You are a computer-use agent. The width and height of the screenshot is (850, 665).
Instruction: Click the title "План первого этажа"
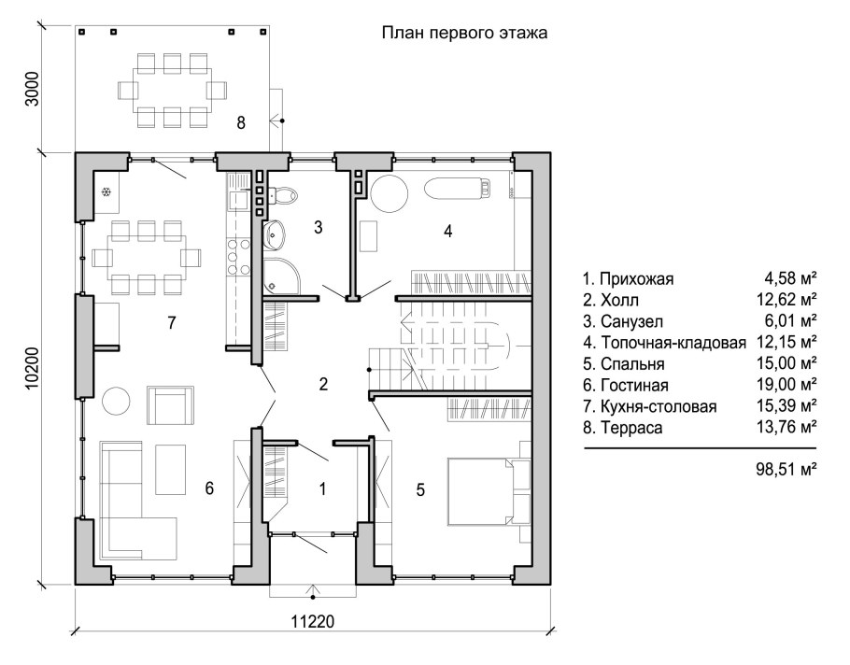pos(463,33)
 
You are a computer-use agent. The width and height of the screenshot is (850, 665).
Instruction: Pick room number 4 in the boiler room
pos(447,231)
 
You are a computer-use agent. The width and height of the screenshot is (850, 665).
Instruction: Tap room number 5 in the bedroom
pos(421,488)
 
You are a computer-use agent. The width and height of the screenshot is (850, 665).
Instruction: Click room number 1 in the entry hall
pos(322,488)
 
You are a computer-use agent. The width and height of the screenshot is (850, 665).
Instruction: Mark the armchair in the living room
pos(170,406)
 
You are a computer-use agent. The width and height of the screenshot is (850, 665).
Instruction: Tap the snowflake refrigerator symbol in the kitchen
pos(106,191)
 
